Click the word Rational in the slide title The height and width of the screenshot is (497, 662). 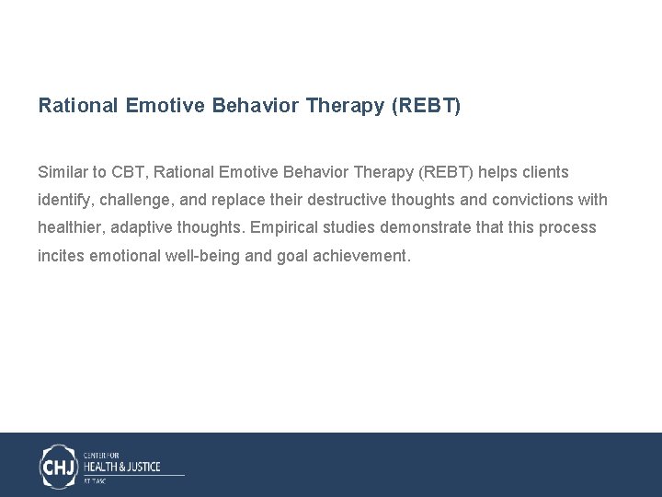[x=77, y=106]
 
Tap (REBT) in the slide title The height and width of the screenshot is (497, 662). [x=426, y=106]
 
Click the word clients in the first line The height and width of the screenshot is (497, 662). [x=546, y=172]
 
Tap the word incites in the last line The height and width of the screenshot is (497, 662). [x=61, y=256]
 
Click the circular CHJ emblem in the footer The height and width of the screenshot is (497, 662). [x=59, y=466]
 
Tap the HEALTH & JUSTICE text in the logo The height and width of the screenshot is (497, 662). [x=121, y=467]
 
